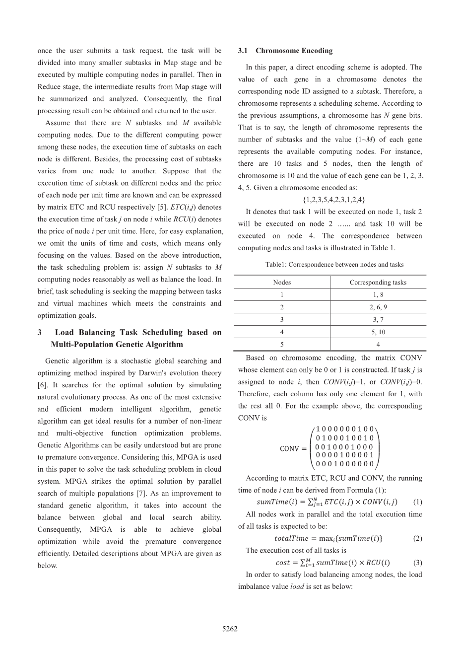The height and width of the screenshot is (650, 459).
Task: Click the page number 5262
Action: [x=229, y=629]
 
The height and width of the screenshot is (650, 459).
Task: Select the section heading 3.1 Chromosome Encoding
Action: [x=285, y=51]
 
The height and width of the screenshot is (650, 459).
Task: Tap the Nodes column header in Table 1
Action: [x=282, y=282]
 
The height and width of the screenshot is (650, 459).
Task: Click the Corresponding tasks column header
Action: [x=378, y=282]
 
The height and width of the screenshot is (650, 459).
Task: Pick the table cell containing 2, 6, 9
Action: [x=378, y=307]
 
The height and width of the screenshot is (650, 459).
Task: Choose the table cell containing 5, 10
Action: [x=378, y=332]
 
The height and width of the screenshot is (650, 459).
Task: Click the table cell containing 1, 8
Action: [x=378, y=294]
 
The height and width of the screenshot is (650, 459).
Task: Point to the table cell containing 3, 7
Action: [x=378, y=319]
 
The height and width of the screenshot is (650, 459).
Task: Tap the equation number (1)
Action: [x=417, y=502]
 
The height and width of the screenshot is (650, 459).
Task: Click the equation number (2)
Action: [x=417, y=538]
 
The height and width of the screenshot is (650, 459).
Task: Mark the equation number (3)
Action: [x=417, y=563]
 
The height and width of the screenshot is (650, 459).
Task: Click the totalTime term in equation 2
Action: [x=291, y=538]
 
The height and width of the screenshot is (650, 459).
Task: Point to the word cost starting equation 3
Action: [x=282, y=563]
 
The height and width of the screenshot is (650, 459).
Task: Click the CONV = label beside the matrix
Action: [x=293, y=448]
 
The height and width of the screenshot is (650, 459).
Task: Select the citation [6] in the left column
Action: [x=42, y=385]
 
